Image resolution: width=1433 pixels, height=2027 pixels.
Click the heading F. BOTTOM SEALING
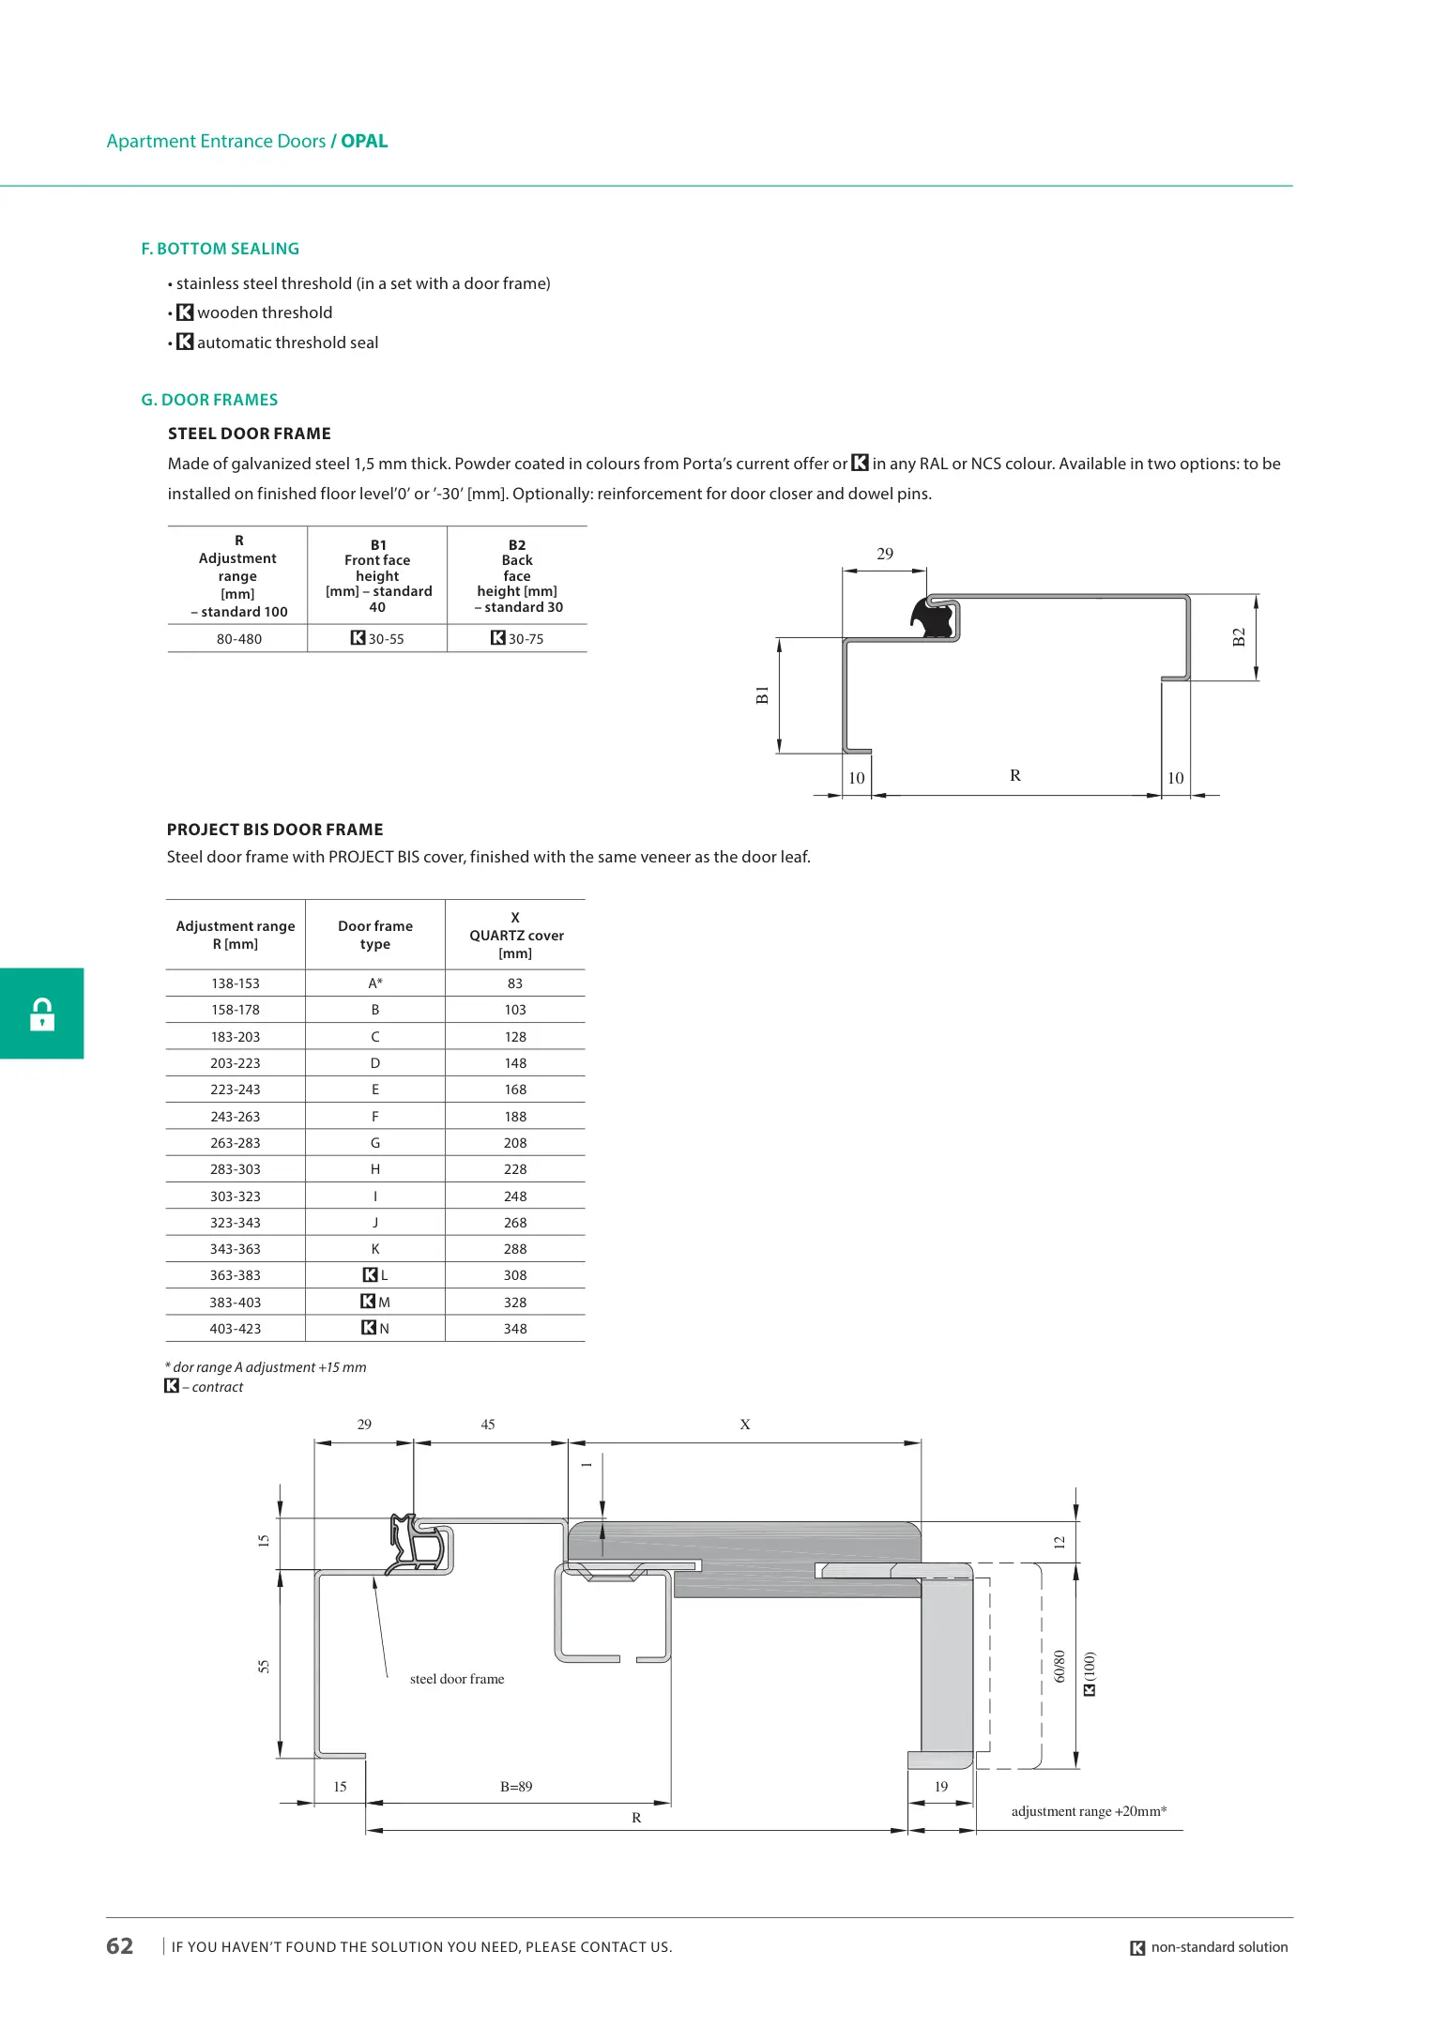[220, 249]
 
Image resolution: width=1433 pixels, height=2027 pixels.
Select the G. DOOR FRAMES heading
[209, 400]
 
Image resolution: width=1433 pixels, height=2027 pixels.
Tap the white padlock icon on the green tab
[42, 1013]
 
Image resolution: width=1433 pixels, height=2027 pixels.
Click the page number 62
[120, 1946]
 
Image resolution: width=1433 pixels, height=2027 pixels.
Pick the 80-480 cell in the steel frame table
[239, 639]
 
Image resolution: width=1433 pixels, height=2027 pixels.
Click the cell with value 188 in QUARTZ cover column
[515, 1117]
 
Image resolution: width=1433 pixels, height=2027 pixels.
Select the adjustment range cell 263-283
[236, 1143]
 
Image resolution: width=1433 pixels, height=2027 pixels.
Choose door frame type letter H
[375, 1169]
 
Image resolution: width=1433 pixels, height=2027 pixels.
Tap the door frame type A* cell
[375, 983]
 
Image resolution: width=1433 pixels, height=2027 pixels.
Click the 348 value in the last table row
[515, 1329]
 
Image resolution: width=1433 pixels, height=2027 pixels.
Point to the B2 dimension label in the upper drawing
[1239, 637]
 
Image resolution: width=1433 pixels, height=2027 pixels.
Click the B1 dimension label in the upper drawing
[762, 694]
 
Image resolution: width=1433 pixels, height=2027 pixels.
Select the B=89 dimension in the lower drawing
[516, 1787]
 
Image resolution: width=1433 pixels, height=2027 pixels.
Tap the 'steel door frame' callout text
[457, 1679]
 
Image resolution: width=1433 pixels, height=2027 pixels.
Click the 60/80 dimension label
[1060, 1666]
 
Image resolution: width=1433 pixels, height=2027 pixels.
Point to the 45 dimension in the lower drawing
[488, 1425]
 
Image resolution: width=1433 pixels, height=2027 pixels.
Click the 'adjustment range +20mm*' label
[1089, 1811]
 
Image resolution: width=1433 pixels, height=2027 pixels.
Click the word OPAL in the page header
[364, 141]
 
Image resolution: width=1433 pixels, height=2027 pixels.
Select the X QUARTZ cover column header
[516, 935]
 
